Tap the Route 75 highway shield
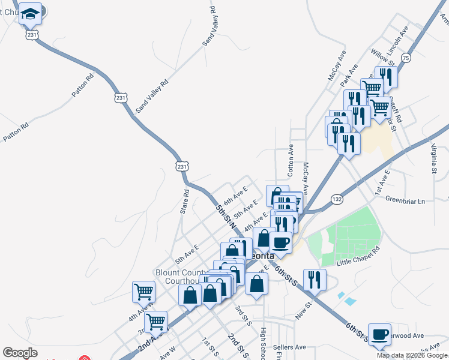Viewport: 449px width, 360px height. pyautogui.click(x=406, y=58)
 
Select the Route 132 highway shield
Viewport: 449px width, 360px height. pyautogui.click(x=337, y=198)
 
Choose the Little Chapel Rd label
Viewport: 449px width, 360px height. pyautogui.click(x=358, y=256)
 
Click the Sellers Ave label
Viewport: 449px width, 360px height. pyautogui.click(x=289, y=347)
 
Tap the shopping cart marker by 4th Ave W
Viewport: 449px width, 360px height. pyautogui.click(x=144, y=292)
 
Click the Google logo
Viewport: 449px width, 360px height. pyautogui.click(x=20, y=353)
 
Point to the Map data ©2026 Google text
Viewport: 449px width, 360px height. pyautogui.click(x=411, y=355)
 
